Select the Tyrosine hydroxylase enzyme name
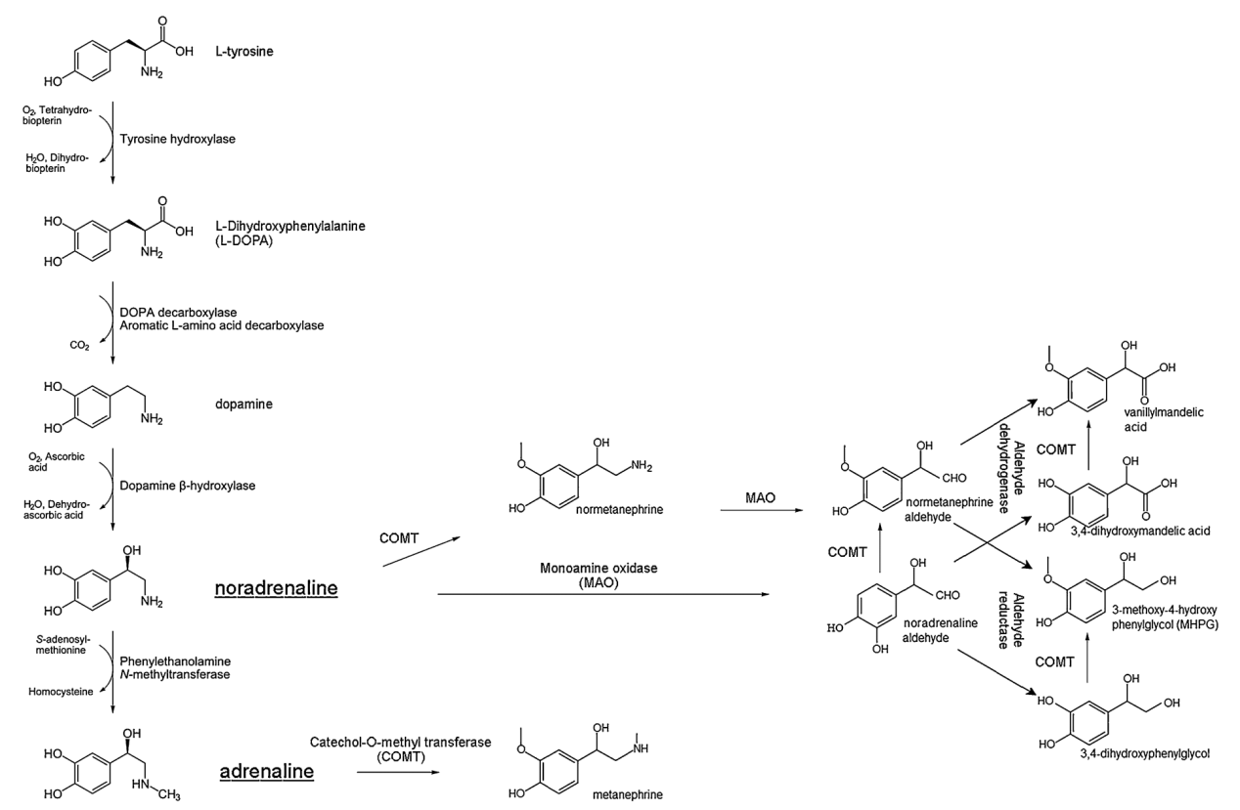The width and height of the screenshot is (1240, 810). (178, 139)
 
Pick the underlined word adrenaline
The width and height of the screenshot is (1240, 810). (266, 772)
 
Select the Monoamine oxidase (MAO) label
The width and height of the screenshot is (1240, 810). (600, 576)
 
